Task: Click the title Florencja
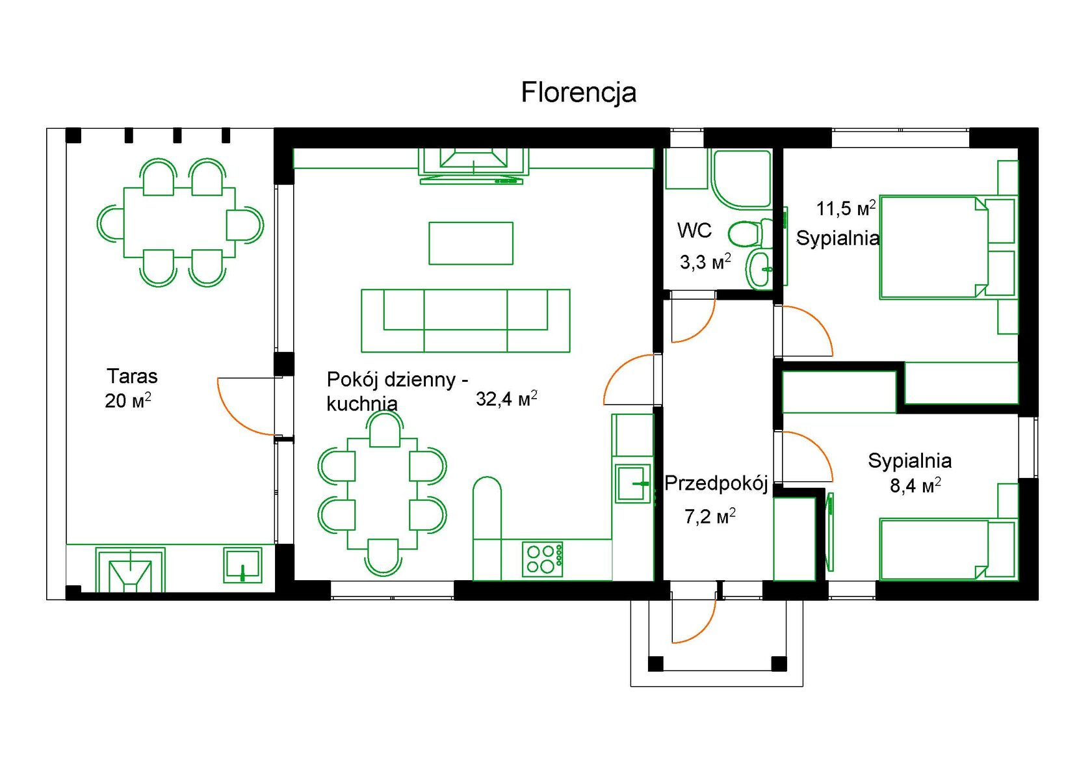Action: (x=578, y=92)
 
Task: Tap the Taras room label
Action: (x=132, y=377)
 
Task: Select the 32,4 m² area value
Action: (x=506, y=399)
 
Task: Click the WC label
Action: (x=694, y=230)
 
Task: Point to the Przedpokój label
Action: (x=716, y=483)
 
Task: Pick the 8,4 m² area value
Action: (x=915, y=486)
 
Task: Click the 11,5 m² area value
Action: (x=846, y=208)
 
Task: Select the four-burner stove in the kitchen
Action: (x=543, y=559)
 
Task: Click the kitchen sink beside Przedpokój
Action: (x=633, y=483)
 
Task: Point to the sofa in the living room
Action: (x=465, y=321)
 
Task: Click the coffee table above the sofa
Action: (x=471, y=243)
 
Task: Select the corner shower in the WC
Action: (x=741, y=179)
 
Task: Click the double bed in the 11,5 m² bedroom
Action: (x=948, y=247)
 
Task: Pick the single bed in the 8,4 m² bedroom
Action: (x=948, y=550)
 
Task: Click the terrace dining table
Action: (x=179, y=222)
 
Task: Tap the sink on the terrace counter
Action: (x=242, y=565)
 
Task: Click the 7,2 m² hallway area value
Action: (x=710, y=516)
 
